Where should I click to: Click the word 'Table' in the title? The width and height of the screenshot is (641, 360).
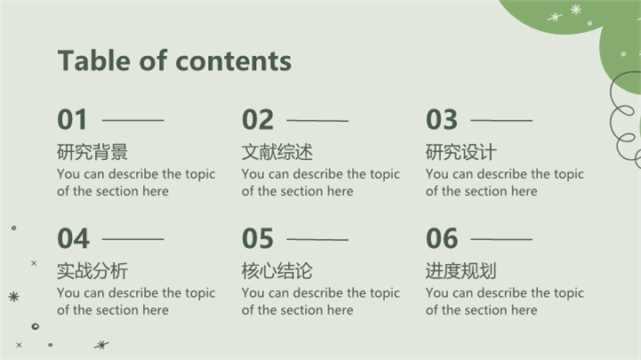95,60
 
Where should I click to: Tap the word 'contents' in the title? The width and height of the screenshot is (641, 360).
234,61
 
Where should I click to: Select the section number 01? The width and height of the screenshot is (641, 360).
72,120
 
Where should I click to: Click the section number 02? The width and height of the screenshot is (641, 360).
258,120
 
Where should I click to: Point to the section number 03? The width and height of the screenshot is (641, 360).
442,120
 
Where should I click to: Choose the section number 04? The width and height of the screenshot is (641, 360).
73,238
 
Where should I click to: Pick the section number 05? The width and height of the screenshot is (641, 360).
258,238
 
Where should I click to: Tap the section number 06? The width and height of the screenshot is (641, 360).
442,238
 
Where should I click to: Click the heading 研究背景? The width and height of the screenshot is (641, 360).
92,152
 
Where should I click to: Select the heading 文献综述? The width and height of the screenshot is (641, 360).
277,152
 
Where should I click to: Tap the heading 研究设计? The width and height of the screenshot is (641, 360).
461,152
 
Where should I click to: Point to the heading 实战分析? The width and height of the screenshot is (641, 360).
92,271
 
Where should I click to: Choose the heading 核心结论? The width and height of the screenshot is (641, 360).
277,271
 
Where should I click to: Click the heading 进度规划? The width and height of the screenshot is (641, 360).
461,271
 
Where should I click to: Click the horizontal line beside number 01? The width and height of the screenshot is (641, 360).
132,120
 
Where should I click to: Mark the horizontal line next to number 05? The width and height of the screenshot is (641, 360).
317,239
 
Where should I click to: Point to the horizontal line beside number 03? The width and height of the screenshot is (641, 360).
501,120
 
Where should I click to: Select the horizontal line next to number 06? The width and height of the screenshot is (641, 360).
501,239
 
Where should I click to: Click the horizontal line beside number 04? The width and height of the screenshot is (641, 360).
132,239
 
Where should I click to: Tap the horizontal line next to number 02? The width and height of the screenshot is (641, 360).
317,121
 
